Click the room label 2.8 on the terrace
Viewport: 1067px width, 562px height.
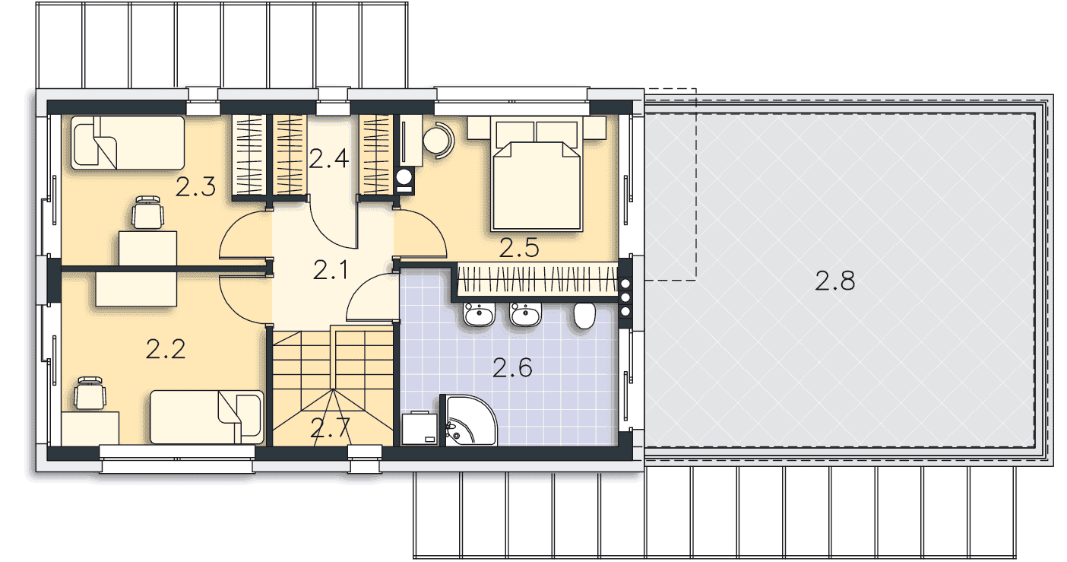coord(834,281)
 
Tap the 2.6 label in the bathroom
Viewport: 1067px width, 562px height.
coord(512,367)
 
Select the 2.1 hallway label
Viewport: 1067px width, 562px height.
coord(330,269)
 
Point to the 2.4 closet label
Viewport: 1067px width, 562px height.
coord(328,158)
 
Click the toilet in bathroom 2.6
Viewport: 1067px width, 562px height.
coord(584,316)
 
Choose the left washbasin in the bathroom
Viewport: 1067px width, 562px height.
coord(480,314)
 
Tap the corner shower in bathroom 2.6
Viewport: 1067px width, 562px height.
coord(468,421)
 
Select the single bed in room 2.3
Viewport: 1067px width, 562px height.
coord(128,142)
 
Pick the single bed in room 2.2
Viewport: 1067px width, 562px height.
coord(207,418)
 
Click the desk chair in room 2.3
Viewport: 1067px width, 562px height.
coord(147,212)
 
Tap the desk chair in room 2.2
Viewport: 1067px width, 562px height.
coord(90,393)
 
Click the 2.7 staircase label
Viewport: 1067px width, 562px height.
coord(330,427)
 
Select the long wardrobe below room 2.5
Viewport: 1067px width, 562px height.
coord(537,281)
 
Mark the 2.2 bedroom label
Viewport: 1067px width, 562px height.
coord(165,349)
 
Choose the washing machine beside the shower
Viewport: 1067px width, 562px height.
coord(420,428)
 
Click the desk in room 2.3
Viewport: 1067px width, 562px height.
coord(147,248)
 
